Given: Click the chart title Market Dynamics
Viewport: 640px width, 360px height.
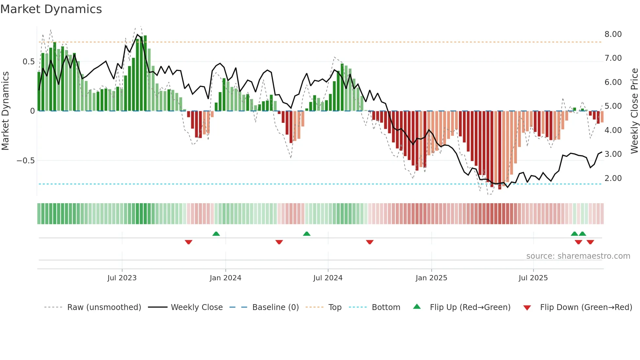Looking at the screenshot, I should coord(51,9).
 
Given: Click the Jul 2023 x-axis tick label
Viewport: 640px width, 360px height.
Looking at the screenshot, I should coord(122,278).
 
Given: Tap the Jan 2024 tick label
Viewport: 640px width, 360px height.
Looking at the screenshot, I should coord(225,278).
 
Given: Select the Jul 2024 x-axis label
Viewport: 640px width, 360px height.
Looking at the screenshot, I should coord(328,278).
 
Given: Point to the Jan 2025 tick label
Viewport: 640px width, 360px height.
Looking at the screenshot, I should coord(431,278).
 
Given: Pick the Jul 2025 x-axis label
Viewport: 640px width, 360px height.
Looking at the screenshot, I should coord(533,278).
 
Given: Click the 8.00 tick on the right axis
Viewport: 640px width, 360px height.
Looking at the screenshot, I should coord(613,34).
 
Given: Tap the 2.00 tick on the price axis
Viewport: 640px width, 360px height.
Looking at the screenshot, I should coord(613,178).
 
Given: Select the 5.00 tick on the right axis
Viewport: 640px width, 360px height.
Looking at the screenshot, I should coord(613,106).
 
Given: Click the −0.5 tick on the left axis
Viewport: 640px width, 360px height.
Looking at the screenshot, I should coord(25,161).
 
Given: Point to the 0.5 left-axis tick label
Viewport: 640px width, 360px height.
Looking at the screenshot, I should coord(28,62).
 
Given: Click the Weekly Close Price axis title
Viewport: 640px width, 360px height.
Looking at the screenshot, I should coord(634,111).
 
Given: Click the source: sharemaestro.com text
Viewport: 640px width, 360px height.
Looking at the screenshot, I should coord(578,256).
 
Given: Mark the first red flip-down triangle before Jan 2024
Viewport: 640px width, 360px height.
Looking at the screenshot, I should coord(188,242).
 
